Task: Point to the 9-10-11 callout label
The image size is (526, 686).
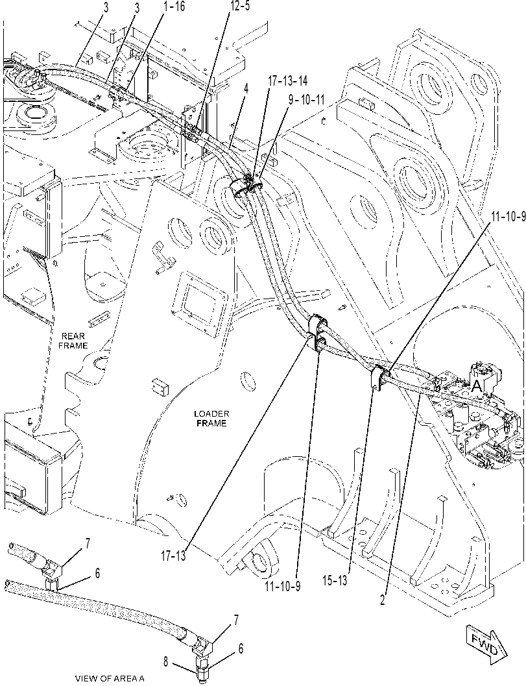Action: (x=306, y=100)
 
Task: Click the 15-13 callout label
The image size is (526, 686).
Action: (x=335, y=580)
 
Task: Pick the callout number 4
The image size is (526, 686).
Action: (x=246, y=89)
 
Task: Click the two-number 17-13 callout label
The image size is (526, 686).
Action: (x=174, y=556)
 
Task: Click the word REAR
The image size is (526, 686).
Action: (x=73, y=336)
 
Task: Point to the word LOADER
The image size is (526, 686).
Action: (x=211, y=414)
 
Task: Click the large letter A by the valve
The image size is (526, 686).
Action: (x=477, y=385)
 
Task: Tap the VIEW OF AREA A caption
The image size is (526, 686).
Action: (x=110, y=679)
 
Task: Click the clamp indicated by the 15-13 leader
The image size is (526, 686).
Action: (x=379, y=376)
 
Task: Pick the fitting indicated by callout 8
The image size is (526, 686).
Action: (x=202, y=665)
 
